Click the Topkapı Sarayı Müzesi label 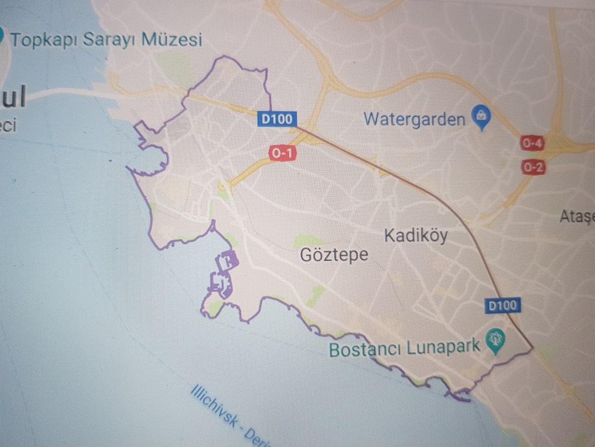(107, 39)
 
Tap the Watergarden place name (415, 120)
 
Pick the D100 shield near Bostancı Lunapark (502, 305)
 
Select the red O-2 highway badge (533, 167)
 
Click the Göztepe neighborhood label (335, 255)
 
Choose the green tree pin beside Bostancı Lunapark (494, 341)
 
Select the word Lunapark (444, 346)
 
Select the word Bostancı (365, 349)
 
